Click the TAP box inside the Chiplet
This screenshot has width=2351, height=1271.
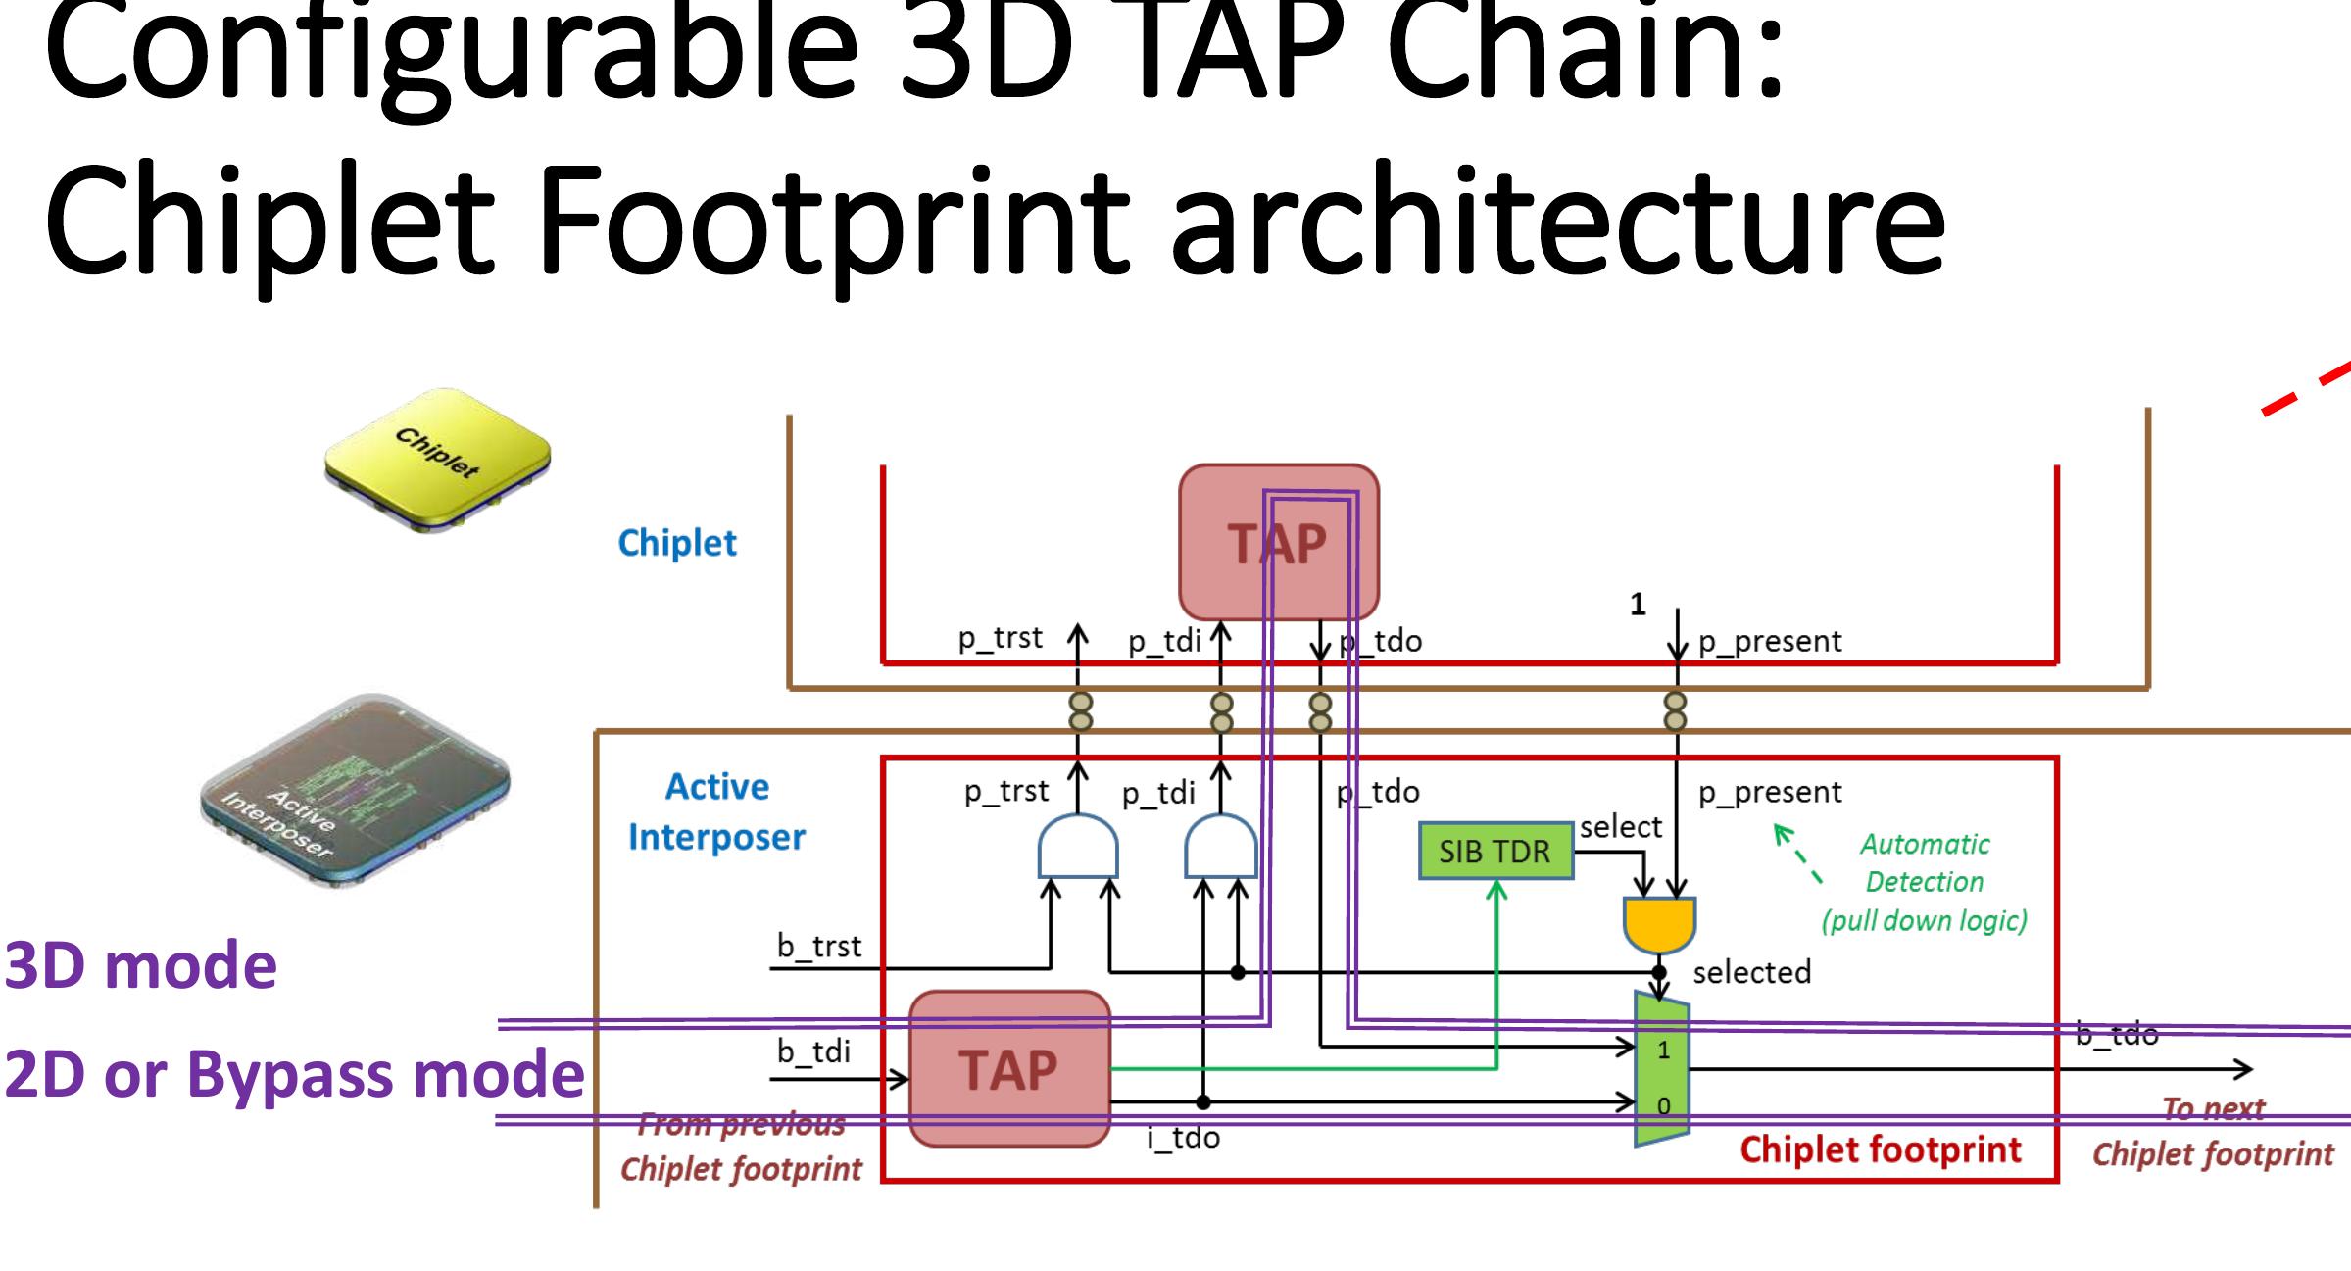point(1277,542)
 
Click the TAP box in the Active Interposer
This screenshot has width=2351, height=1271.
point(1009,1069)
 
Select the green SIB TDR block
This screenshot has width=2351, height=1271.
point(1494,852)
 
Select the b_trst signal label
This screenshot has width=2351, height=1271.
point(819,947)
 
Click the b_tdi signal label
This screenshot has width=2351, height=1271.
point(813,1052)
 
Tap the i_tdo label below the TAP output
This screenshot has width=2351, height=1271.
point(1183,1138)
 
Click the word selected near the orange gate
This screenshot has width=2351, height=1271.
point(1751,973)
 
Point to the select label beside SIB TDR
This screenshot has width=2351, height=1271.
point(1620,827)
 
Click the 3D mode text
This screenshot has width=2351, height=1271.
point(140,966)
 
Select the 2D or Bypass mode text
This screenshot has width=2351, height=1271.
point(294,1074)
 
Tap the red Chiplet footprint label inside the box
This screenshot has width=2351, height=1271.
point(1880,1149)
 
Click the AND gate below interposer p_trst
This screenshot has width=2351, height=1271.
point(1077,848)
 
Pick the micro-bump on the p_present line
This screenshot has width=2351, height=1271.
point(1676,711)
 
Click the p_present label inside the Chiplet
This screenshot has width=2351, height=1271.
point(1770,641)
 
